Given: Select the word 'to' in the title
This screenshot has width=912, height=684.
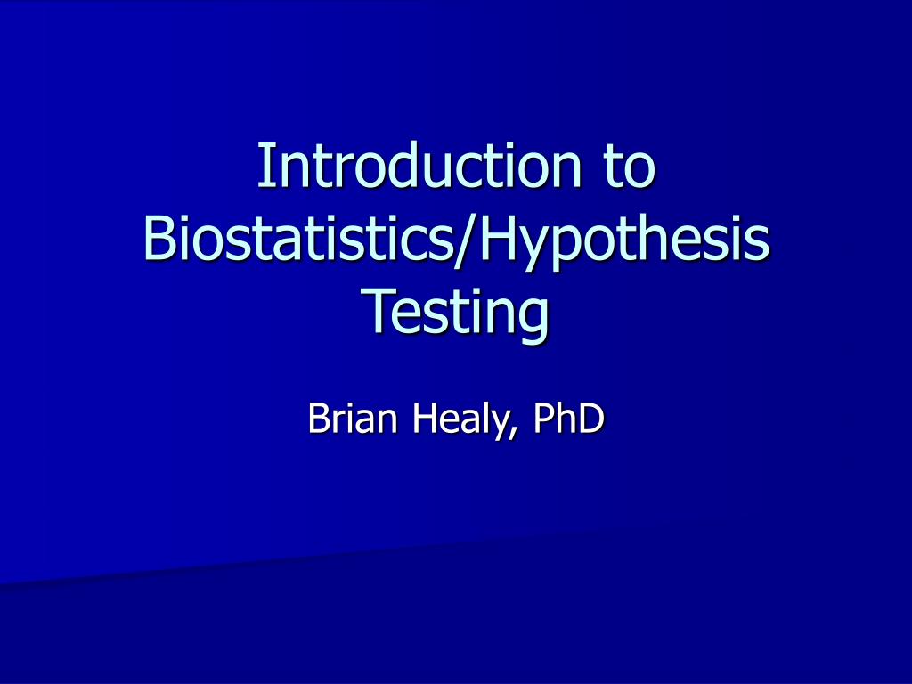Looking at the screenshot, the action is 629,167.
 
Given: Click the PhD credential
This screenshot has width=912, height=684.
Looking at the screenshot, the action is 567,418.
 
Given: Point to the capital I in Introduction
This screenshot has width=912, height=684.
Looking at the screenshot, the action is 264,166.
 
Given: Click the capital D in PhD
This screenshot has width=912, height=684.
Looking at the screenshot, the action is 590,418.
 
